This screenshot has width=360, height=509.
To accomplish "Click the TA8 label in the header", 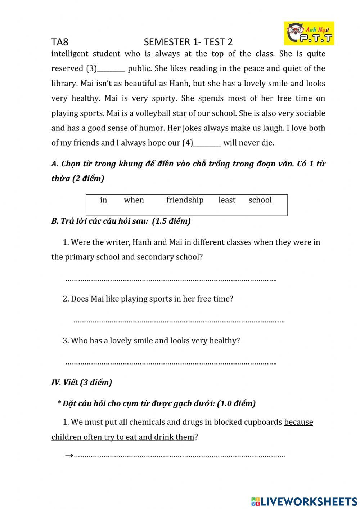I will pyautogui.click(x=60, y=42).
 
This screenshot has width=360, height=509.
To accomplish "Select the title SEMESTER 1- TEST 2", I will pyautogui.click(x=188, y=42).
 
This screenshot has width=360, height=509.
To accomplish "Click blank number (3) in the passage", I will pyautogui.click(x=111, y=69).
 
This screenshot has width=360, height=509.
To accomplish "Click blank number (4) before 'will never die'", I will pyautogui.click(x=207, y=143).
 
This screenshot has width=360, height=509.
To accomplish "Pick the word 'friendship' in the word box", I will pyautogui.click(x=185, y=200).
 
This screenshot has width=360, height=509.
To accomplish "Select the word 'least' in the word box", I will pyautogui.click(x=227, y=200).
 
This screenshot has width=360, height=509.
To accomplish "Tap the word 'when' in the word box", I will pyautogui.click(x=134, y=200).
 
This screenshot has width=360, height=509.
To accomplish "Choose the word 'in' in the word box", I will pyautogui.click(x=103, y=200).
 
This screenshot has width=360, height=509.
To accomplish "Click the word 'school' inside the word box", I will pyautogui.click(x=260, y=200).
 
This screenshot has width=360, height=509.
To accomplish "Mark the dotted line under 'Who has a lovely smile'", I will pyautogui.click(x=171, y=363).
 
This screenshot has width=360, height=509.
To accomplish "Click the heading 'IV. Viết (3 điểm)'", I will pyautogui.click(x=82, y=383).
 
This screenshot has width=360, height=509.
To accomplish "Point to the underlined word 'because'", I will pyautogui.click(x=298, y=422).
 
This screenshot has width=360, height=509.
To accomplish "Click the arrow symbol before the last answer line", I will pyautogui.click(x=69, y=455).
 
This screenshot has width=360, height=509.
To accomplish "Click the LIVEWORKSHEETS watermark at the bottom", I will pyautogui.click(x=304, y=501).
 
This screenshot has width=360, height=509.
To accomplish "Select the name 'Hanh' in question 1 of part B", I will pyautogui.click(x=142, y=242).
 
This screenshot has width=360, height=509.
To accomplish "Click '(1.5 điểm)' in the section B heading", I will pyautogui.click(x=171, y=221).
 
